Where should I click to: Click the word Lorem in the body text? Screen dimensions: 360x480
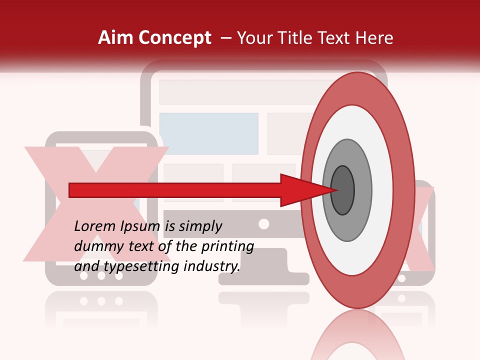pos(94,226)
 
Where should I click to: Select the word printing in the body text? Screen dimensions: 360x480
pos(227,246)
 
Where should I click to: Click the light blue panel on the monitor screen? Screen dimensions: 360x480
pos(208,133)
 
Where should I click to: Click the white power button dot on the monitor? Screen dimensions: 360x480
pos(264,223)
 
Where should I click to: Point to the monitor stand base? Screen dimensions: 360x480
pos(264,277)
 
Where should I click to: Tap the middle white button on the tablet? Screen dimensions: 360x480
pos(102,275)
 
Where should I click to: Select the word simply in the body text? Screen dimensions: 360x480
pos(200,226)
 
